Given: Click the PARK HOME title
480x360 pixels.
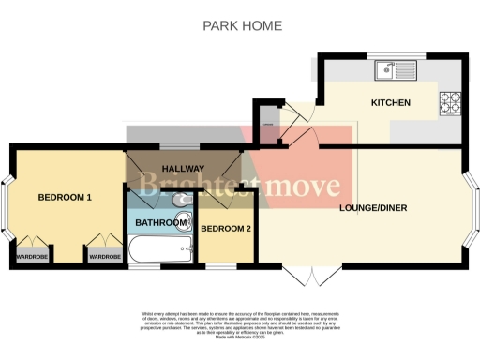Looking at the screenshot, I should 242,25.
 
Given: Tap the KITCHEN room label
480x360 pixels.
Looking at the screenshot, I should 390,102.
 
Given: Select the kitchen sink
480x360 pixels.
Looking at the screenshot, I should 385,68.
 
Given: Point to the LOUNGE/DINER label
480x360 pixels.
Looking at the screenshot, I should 372,207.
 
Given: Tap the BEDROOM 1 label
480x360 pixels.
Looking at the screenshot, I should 65,198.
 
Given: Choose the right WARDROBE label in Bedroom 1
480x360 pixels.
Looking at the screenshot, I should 103,255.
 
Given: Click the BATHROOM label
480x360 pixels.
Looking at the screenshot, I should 161,222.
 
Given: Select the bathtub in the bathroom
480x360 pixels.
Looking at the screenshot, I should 160,250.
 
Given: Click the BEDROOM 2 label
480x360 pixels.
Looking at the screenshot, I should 226,229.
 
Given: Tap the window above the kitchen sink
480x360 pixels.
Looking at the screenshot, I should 384,54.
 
